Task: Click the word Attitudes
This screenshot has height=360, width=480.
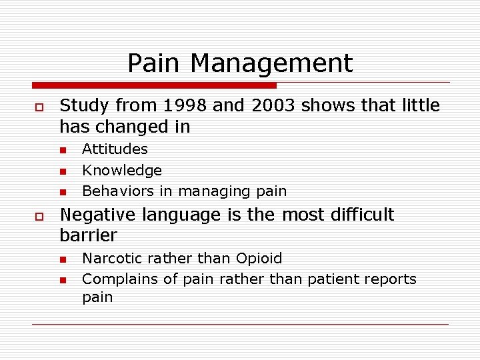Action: [115, 149]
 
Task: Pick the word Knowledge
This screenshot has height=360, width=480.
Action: [122, 171]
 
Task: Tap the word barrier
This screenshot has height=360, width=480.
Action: [88, 235]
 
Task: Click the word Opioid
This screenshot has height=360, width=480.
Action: [258, 259]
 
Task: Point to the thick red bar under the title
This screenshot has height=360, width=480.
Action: [154, 85]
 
